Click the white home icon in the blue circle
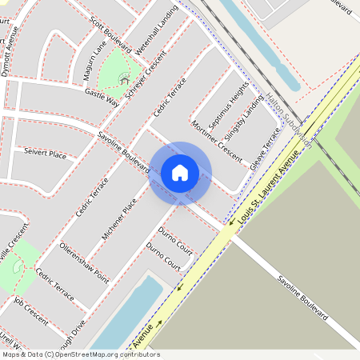(x=180, y=172)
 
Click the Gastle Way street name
(x=102, y=98)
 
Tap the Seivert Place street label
(x=45, y=153)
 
